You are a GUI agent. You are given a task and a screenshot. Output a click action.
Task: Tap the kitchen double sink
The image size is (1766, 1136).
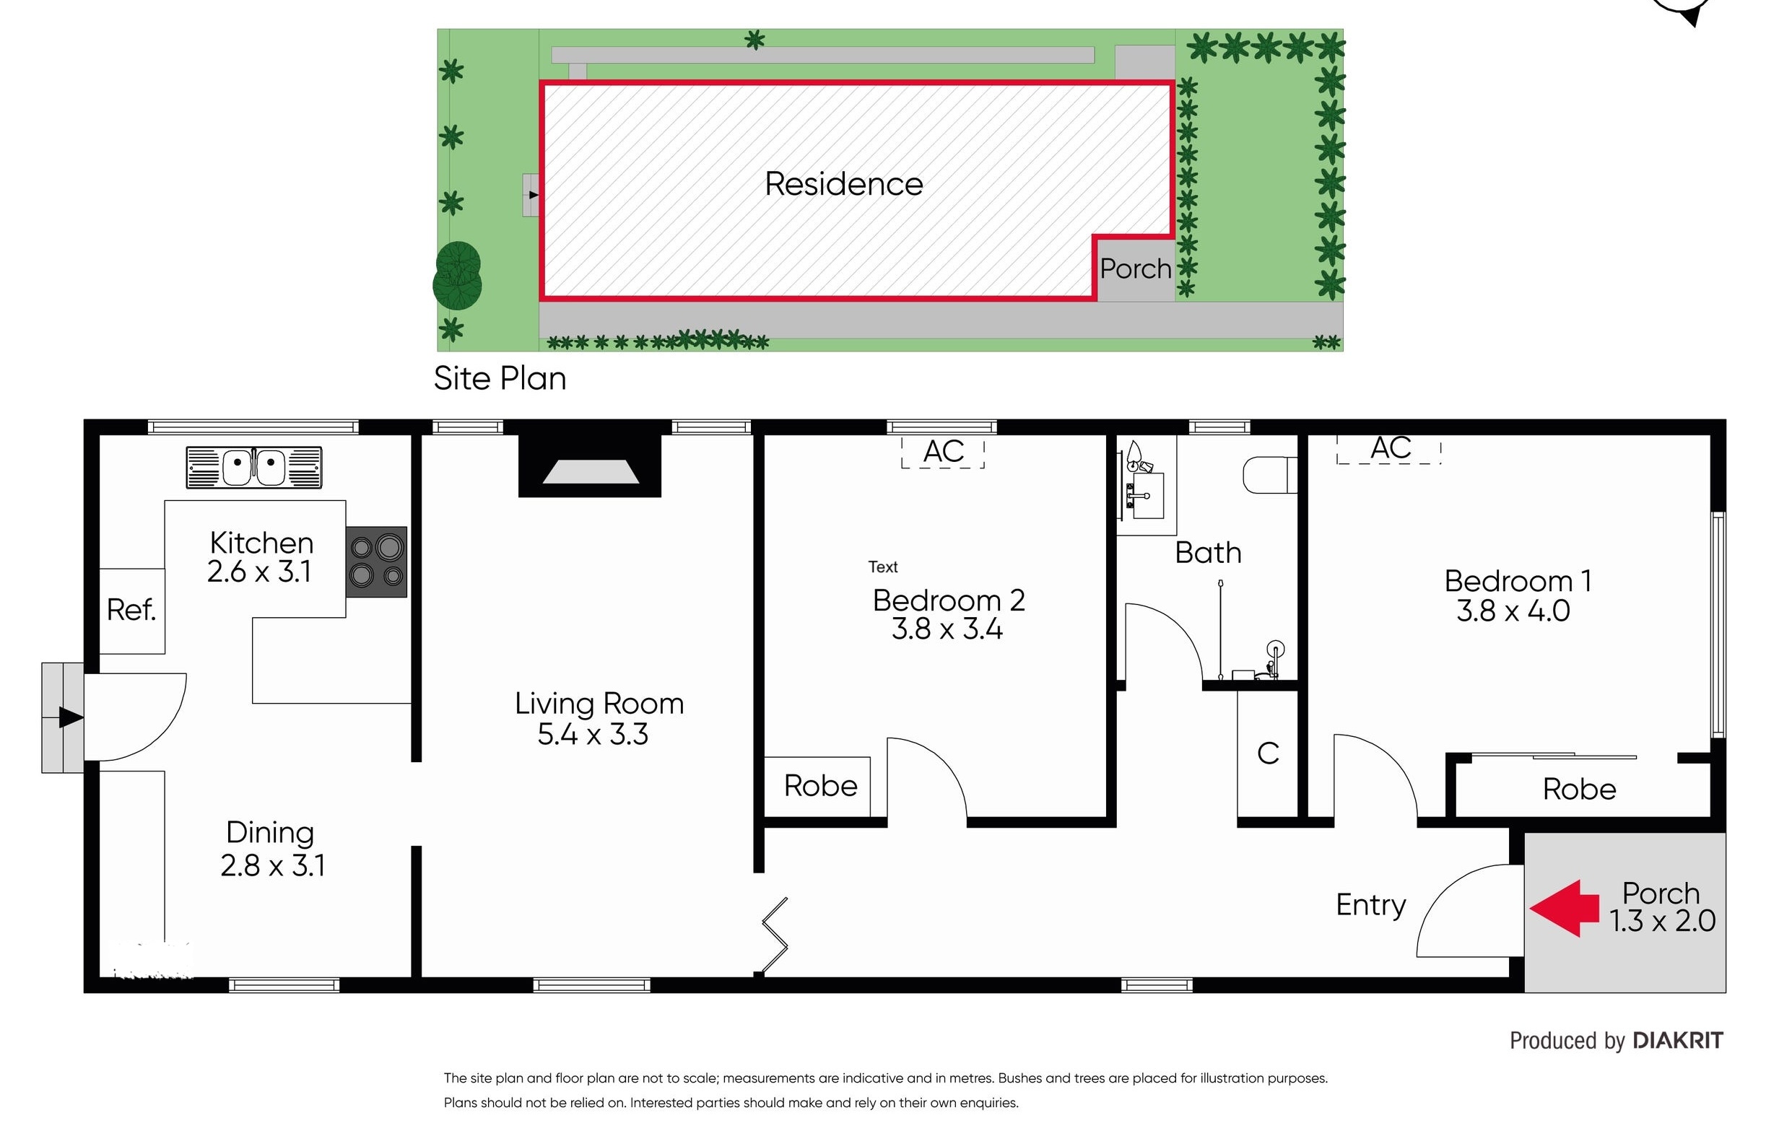pyautogui.click(x=253, y=468)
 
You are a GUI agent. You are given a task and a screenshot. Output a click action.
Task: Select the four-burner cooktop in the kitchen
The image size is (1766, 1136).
pyautogui.click(x=376, y=562)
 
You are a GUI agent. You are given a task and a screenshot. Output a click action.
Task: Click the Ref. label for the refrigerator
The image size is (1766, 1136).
pyautogui.click(x=131, y=610)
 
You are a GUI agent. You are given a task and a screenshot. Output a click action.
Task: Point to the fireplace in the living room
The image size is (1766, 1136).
pyautogui.click(x=590, y=466)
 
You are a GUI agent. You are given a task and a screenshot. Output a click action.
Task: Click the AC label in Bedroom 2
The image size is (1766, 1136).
pyautogui.click(x=943, y=452)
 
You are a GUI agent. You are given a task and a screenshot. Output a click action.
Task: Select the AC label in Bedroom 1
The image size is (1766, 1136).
pyautogui.click(x=1391, y=447)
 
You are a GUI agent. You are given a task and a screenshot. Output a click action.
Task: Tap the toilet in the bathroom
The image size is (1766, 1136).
pyautogui.click(x=1269, y=475)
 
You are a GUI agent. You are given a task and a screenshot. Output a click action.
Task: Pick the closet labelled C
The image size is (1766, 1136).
pyautogui.click(x=1268, y=754)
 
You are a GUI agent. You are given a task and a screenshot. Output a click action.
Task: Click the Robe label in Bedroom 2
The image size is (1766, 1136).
pyautogui.click(x=820, y=787)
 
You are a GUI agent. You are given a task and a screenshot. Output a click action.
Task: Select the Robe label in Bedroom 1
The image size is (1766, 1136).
pyautogui.click(x=1578, y=790)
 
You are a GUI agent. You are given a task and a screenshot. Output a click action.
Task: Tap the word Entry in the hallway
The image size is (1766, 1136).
pyautogui.click(x=1370, y=905)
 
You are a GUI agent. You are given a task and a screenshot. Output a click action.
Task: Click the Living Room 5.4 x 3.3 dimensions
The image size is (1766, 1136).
pyautogui.click(x=593, y=735)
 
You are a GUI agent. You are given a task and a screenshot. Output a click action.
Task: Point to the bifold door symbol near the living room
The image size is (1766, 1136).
pyautogui.click(x=775, y=935)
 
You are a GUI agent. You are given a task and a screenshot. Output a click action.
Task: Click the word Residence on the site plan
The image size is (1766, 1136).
pyautogui.click(x=843, y=183)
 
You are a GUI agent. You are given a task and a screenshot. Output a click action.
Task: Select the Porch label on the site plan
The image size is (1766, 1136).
pyautogui.click(x=1135, y=268)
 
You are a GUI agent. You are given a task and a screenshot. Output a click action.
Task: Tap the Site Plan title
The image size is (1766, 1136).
pyautogui.click(x=500, y=378)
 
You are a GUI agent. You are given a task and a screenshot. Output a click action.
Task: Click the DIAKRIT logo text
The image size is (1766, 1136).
pyautogui.click(x=1677, y=1041)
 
